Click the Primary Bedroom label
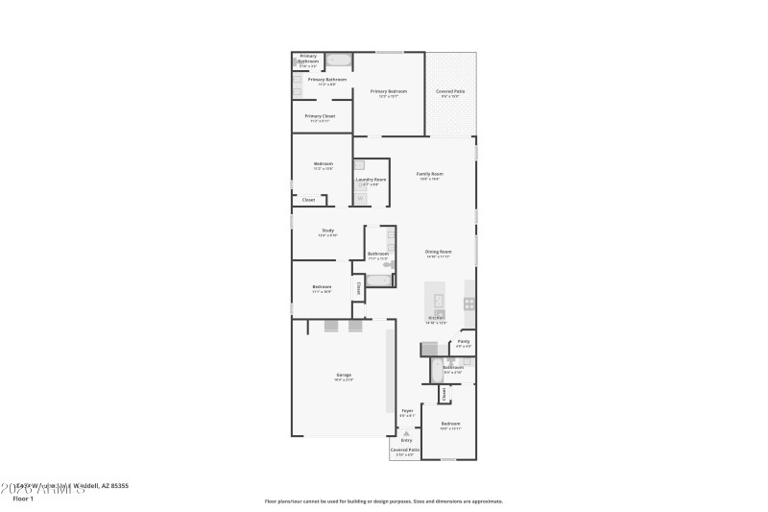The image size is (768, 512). [x=389, y=91]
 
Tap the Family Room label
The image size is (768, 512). [x=428, y=174]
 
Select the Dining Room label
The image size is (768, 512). [x=438, y=252]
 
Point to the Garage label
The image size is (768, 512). [x=343, y=375]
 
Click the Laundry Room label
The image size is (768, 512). [x=371, y=180]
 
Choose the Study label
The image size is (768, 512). [x=327, y=231]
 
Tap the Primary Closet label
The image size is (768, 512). [x=320, y=116]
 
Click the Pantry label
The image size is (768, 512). [x=464, y=342]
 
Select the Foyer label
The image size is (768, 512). [x=407, y=411]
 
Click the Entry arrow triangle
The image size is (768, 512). [x=406, y=433]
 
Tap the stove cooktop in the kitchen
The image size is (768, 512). [x=469, y=304]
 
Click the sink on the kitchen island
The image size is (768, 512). [x=440, y=313]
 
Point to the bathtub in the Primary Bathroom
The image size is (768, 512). [x=338, y=60]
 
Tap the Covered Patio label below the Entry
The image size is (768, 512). [x=404, y=450]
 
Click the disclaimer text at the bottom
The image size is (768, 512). [x=384, y=500]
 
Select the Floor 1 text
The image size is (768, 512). [x=23, y=499]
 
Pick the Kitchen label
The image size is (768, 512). [x=437, y=319]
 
